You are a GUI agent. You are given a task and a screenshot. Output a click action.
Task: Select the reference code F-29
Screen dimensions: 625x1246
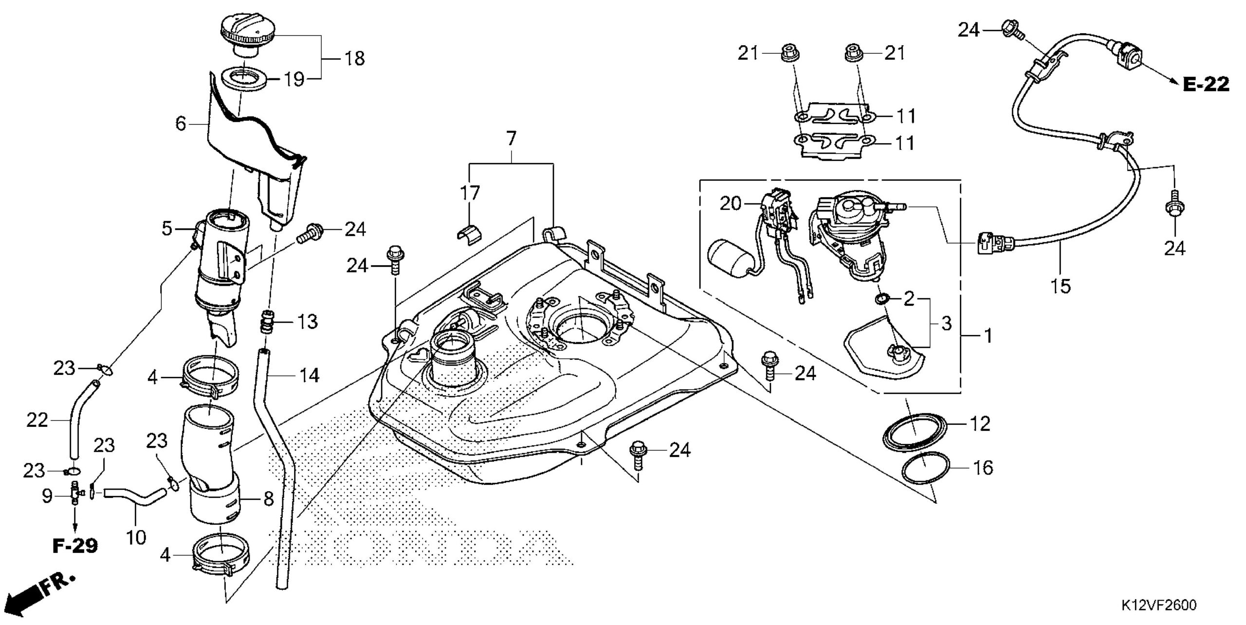click(x=75, y=546)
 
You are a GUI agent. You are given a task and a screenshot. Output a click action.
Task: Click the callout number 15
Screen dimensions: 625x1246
click(x=1061, y=286)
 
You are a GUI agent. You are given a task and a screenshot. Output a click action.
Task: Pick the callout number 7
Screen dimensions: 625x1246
click(x=510, y=139)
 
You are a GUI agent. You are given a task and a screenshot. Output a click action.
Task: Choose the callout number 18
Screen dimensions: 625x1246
click(x=355, y=59)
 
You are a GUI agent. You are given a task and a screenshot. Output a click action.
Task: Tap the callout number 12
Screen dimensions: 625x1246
click(x=980, y=424)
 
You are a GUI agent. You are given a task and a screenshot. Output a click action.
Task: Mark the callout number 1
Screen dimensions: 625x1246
click(x=988, y=336)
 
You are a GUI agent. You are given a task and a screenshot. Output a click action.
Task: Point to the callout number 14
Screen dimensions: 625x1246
click(x=309, y=375)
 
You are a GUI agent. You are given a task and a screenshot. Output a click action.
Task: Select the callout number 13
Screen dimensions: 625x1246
click(x=308, y=322)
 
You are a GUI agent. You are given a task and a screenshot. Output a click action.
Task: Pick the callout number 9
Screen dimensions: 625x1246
click(x=47, y=496)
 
